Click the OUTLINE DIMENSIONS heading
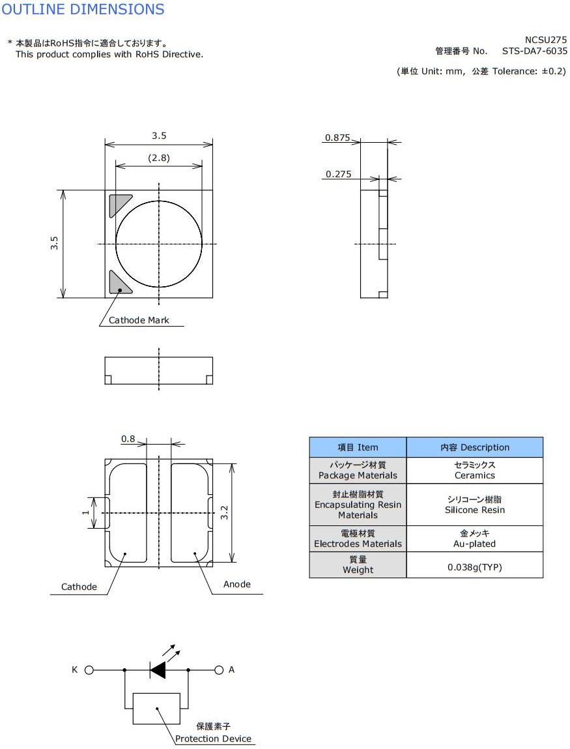[83, 9]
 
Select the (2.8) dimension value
[159, 158]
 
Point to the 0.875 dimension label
[337, 138]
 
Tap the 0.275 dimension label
[339, 174]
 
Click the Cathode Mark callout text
[139, 320]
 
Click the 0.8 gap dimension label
[128, 439]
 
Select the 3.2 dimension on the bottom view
[224, 512]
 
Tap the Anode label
[236, 584]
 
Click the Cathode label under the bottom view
[79, 587]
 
